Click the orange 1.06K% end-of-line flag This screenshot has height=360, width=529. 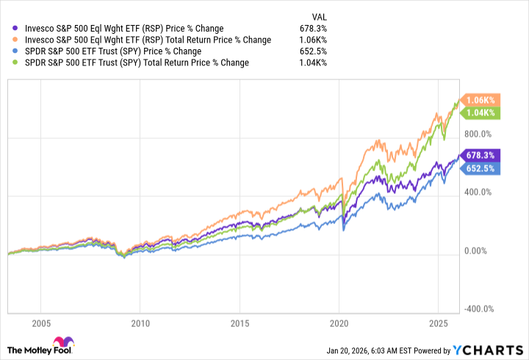pos(481,100)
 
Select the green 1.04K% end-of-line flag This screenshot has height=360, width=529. pos(481,112)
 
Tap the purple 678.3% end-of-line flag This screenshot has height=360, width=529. pos(483,155)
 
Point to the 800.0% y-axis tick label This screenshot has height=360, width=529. pos(484,134)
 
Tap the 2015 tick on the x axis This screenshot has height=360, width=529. pos(240,323)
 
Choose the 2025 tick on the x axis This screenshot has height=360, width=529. pos(439,323)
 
